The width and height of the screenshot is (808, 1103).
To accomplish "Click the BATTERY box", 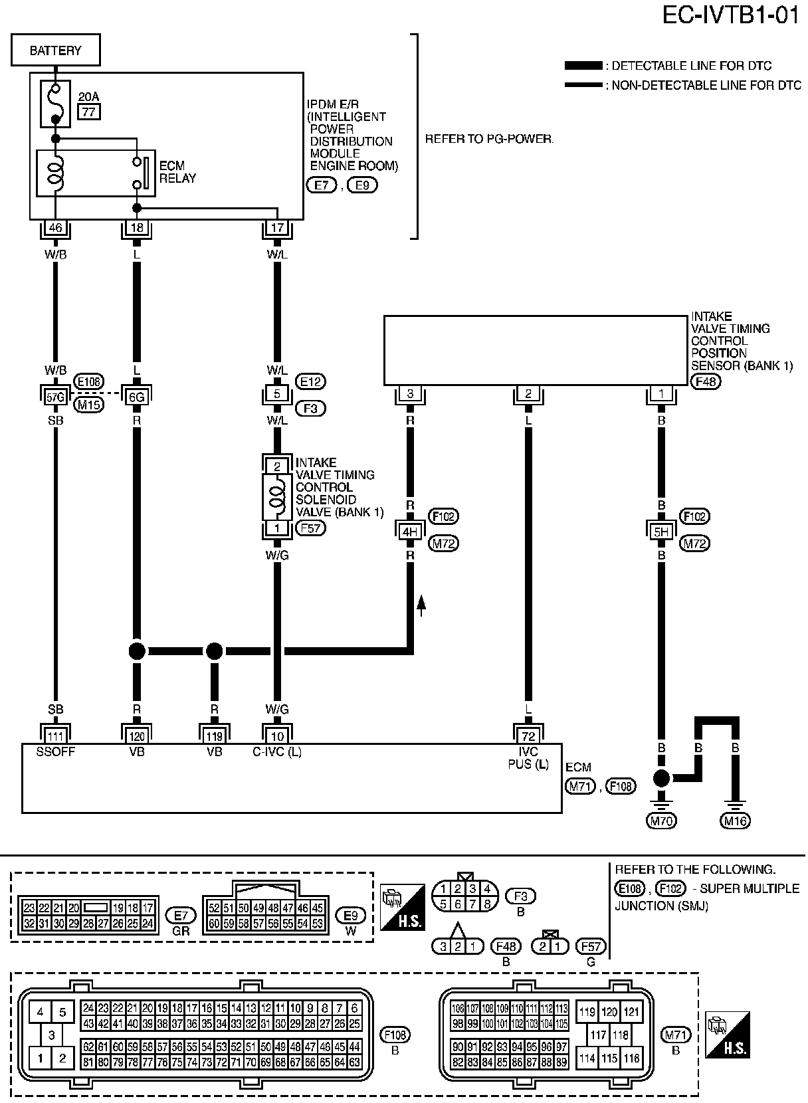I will click(56, 50).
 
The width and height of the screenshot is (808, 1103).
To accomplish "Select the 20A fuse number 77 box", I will click(89, 112).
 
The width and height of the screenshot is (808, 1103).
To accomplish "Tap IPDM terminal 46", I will click(56, 228).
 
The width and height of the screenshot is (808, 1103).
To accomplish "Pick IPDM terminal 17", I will click(277, 228).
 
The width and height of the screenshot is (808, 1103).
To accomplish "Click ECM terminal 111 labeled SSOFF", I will click(56, 735).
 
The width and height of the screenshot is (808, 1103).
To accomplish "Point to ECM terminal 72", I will click(528, 735).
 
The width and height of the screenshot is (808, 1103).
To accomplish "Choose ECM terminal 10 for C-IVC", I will click(277, 735).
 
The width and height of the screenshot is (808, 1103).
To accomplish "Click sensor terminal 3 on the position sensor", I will click(410, 394).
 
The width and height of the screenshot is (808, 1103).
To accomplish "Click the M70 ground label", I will click(661, 821).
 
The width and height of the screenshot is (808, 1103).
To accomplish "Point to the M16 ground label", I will click(735, 821).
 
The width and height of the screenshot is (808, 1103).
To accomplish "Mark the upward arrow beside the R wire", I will click(421, 605).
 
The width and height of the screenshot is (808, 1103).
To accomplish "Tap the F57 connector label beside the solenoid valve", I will click(310, 529).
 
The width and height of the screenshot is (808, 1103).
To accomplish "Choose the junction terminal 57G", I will click(56, 397).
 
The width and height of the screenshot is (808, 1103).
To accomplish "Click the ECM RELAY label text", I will click(177, 171).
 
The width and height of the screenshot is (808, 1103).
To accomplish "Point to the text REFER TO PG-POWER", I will click(489, 140).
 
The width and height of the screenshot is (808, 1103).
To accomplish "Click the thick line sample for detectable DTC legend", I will click(583, 66).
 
